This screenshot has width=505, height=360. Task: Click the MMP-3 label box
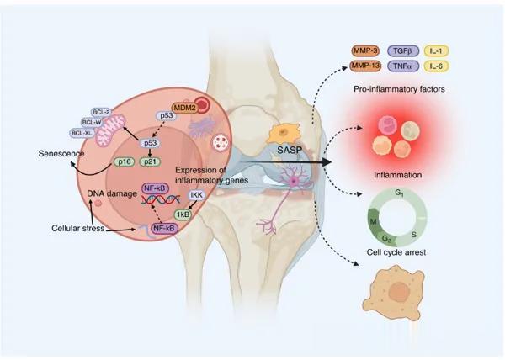click(x=365, y=50)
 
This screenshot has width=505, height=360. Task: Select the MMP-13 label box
click(x=365, y=66)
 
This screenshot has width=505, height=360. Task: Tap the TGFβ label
click(x=403, y=50)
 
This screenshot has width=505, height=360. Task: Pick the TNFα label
click(x=403, y=66)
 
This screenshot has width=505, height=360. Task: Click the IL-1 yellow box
click(x=436, y=50)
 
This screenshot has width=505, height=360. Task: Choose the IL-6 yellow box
click(x=436, y=66)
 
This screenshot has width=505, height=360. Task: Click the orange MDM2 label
click(x=184, y=108)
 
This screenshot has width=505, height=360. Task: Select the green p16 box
click(x=125, y=161)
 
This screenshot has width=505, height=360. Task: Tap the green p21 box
click(x=150, y=161)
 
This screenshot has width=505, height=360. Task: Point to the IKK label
click(x=196, y=195)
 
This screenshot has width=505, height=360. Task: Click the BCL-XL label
click(x=82, y=133)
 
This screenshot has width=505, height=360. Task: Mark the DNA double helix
click(x=161, y=200)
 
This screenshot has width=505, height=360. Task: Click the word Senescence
click(x=61, y=153)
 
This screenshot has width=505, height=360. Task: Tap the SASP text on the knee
click(x=290, y=150)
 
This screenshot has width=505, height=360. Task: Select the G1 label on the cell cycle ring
click(x=399, y=193)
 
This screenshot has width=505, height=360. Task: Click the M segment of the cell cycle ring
click(x=374, y=222)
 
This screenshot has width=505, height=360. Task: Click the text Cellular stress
click(x=78, y=228)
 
